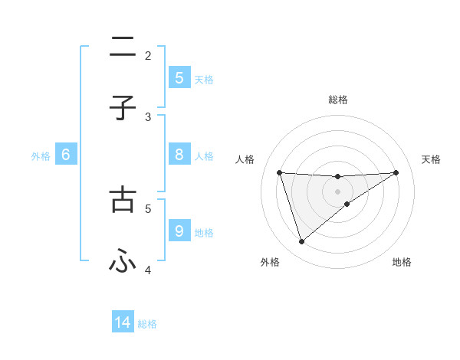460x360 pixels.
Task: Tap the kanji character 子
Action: pos(123,109)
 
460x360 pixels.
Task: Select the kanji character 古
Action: pos(123,198)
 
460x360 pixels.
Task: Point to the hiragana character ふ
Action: pos(123,262)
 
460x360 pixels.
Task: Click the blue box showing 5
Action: pos(179,77)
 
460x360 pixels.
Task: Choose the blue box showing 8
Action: pos(179,155)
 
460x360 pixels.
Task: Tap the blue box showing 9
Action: pos(179,231)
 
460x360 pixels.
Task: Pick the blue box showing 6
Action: pos(66,155)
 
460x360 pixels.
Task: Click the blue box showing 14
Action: pos(123,323)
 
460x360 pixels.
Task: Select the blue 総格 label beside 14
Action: pos(147,324)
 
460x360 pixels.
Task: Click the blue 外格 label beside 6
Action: pos(41,156)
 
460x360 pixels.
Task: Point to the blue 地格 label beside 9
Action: pos(204,233)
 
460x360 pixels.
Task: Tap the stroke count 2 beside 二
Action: pos(148,55)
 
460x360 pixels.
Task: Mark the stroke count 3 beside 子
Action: pos(148,116)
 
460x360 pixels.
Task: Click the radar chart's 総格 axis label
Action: pos(338,100)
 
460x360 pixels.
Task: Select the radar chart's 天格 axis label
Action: pos(432,159)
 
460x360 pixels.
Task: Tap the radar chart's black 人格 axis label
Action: pos(245,159)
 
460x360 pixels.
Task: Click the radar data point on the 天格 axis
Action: pos(396,172)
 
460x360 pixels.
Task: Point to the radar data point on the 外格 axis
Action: pos(301,242)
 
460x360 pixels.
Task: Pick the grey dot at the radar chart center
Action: pos(338,191)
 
